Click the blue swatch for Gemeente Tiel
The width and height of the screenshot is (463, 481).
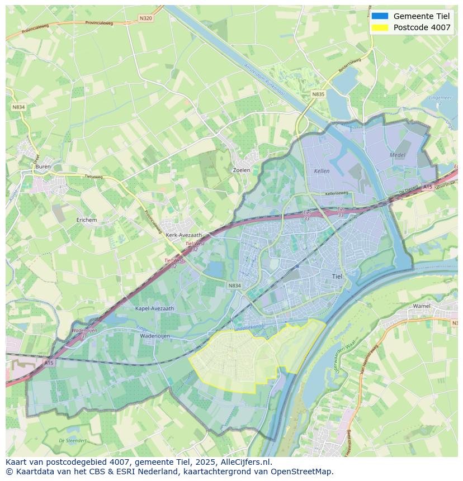tap(380, 16)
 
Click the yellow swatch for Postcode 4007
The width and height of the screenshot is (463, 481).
tap(380, 27)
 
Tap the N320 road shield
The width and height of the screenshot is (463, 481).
tap(145, 18)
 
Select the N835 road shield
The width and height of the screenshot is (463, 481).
tap(318, 94)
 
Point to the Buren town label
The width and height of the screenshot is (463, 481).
tap(43, 166)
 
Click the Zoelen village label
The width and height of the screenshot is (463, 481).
tap(241, 170)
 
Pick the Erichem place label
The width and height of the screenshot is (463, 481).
tap(87, 220)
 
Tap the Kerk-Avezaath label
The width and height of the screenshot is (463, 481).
tap(184, 235)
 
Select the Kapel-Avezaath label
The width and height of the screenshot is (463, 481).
tap(155, 308)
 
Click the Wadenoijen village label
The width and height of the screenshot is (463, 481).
tap(155, 336)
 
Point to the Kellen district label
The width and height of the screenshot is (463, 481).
tap(322, 171)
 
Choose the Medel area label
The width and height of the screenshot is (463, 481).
tap(398, 155)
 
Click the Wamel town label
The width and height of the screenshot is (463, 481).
tap(422, 306)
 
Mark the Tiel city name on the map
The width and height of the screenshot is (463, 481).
tap(337, 276)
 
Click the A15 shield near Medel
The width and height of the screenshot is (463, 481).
tap(428, 186)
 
